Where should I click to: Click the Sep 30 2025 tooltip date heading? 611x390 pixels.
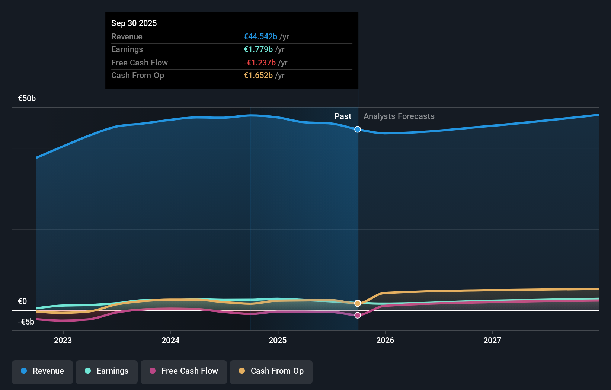point(134,23)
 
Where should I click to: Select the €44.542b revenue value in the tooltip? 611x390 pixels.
point(260,36)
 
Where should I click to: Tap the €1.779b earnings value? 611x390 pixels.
point(258,49)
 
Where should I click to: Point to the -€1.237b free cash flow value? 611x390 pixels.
point(260,63)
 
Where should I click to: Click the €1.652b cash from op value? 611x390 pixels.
point(258,75)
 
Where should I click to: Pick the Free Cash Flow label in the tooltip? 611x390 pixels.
point(140,63)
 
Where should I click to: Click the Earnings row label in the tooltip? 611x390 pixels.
point(127,49)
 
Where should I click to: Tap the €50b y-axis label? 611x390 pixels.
point(27,98)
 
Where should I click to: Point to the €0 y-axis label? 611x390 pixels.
point(22,301)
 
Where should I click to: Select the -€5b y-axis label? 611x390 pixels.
point(26,322)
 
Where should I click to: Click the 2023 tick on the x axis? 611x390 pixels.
point(63,340)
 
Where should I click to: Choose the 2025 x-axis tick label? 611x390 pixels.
point(278,340)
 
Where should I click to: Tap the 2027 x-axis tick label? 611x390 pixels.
point(492,340)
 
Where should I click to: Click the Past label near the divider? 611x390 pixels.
point(343,116)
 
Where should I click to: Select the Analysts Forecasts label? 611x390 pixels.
point(399,116)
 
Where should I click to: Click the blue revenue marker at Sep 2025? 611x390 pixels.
point(358,130)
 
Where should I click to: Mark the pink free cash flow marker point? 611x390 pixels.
point(358,315)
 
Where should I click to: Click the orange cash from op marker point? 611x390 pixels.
point(358,303)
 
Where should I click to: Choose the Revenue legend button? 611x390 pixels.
point(42,371)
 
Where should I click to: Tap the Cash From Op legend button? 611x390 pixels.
point(271,371)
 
